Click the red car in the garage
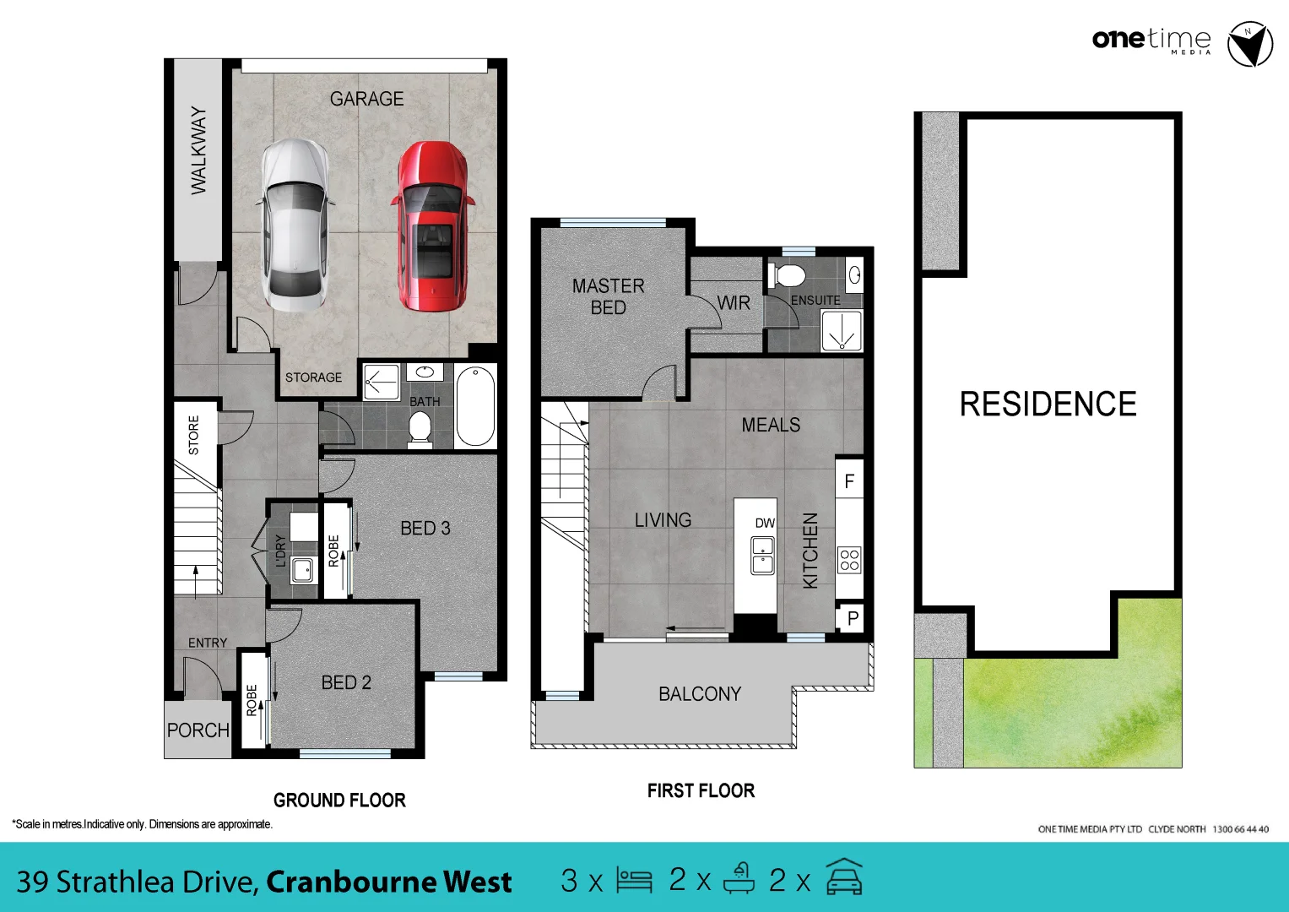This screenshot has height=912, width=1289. pyautogui.click(x=432, y=226)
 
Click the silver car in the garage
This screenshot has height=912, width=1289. pyautogui.click(x=294, y=226)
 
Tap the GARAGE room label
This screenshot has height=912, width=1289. pyautogui.click(x=366, y=99)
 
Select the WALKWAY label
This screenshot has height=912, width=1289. pyautogui.click(x=198, y=150)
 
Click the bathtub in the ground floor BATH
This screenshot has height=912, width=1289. pyautogui.click(x=475, y=406)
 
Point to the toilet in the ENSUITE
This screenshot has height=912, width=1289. pyautogui.click(x=788, y=275)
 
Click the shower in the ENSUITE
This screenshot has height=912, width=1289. pyautogui.click(x=842, y=331)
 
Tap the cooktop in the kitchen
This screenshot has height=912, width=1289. pyautogui.click(x=849, y=560)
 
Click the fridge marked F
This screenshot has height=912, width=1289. pyautogui.click(x=849, y=481)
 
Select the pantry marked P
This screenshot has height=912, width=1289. pyautogui.click(x=853, y=618)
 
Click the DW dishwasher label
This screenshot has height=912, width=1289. pyautogui.click(x=765, y=523)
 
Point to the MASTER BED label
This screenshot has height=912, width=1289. pyautogui.click(x=608, y=297)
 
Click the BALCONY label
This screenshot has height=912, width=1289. pyautogui.click(x=700, y=694)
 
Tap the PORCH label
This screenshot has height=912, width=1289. pyautogui.click(x=198, y=730)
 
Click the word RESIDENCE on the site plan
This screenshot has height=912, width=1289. pyautogui.click(x=1048, y=404)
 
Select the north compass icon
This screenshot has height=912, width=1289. pyautogui.click(x=1249, y=45)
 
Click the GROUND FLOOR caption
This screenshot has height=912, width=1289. pyautogui.click(x=339, y=800)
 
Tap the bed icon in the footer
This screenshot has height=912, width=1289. pyautogui.click(x=634, y=880)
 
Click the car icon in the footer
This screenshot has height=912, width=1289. pyautogui.click(x=844, y=878)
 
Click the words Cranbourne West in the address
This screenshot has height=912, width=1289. pyautogui.click(x=389, y=882)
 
